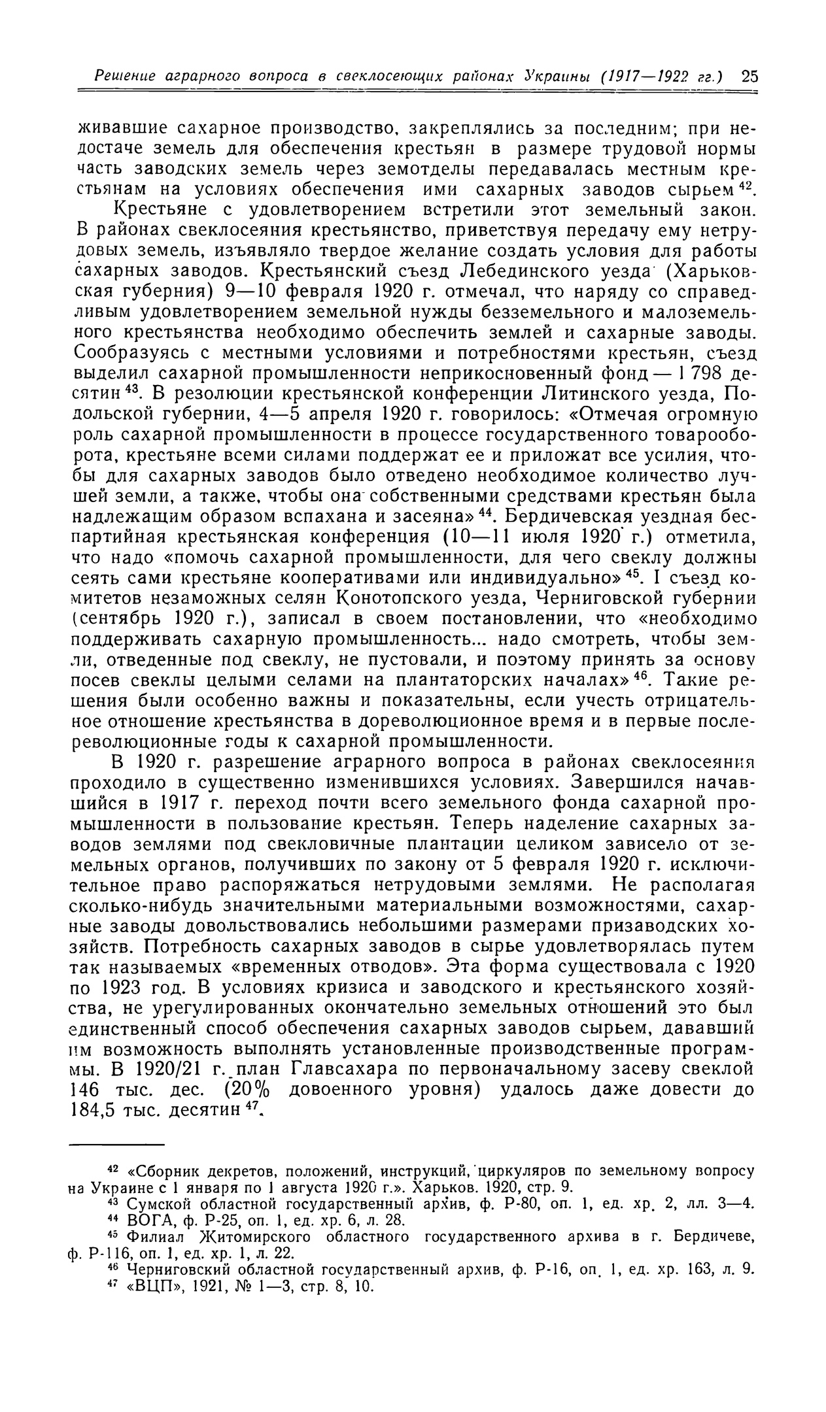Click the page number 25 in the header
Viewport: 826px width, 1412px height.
tap(749, 76)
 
